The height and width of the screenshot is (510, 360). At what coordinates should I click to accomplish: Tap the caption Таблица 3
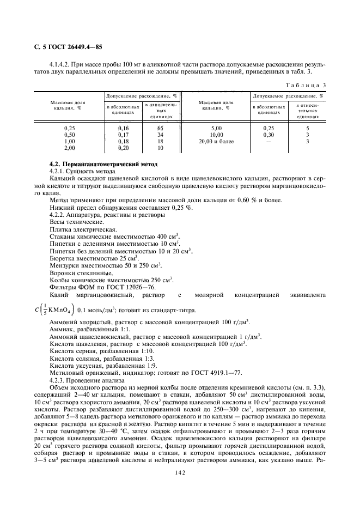tap(307, 85)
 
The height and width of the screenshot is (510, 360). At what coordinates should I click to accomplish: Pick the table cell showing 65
tap(160, 127)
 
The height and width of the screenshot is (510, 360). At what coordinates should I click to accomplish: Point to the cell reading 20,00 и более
tap(216, 141)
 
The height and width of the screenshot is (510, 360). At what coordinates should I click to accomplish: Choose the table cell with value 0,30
tap(268, 134)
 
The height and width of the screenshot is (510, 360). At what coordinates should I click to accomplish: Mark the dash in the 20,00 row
tap(268, 141)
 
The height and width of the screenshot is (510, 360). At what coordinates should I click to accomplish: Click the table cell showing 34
tap(160, 134)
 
